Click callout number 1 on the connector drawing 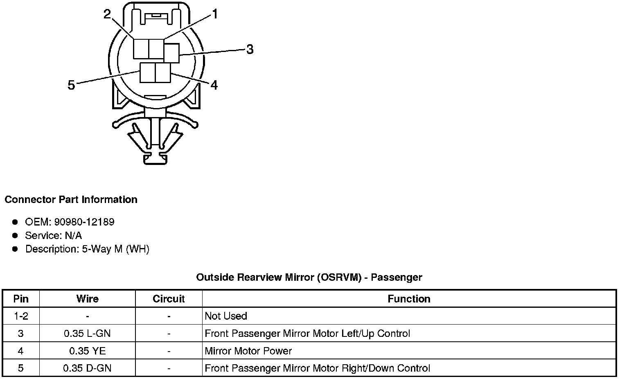pos(214,15)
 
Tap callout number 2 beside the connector pos(107,15)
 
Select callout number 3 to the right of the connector pos(250,50)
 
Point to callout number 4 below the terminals pos(214,85)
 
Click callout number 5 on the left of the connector pos(72,86)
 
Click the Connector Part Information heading pos(71,200)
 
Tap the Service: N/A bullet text pos(53,236)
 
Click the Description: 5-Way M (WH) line pos(87,249)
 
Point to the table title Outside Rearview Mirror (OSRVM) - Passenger pos(309,277)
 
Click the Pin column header pos(21,299)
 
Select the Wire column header pos(87,299)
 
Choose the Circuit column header pos(169,299)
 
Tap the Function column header pos(409,299)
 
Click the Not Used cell pos(226,316)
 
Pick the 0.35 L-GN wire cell pos(87,334)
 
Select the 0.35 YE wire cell pos(87,351)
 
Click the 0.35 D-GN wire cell pos(87,368)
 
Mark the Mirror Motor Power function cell pos(248,351)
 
